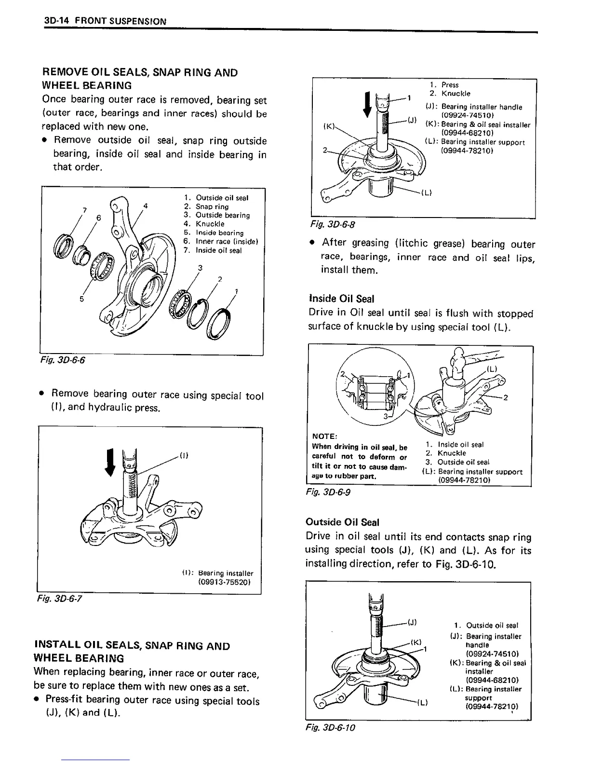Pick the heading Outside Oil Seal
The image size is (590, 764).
click(342, 522)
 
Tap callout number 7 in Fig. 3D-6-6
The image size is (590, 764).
click(84, 210)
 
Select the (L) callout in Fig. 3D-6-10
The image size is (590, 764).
click(422, 702)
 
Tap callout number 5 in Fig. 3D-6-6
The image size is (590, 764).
click(82, 299)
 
